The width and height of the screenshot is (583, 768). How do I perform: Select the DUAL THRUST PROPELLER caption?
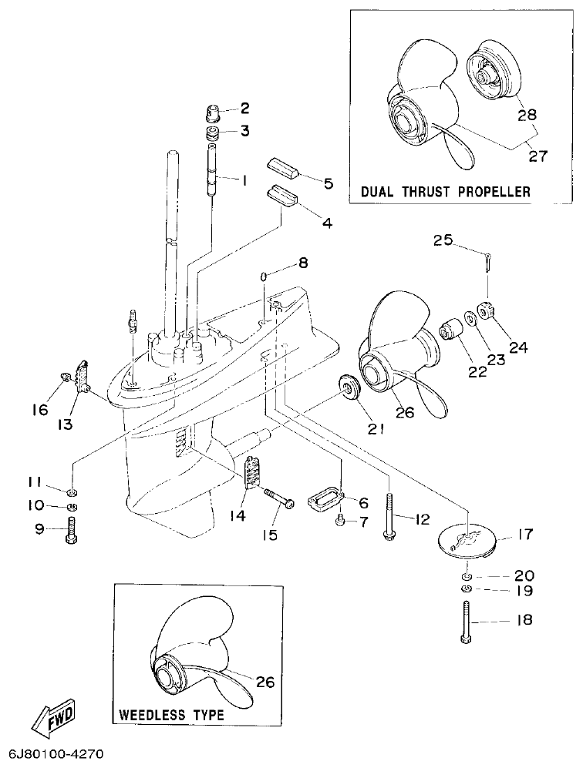tap(445, 192)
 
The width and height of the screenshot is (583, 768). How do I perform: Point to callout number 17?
tap(524, 533)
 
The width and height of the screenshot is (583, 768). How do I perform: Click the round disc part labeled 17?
tap(466, 541)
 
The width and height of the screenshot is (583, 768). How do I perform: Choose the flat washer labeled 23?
tap(470, 319)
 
